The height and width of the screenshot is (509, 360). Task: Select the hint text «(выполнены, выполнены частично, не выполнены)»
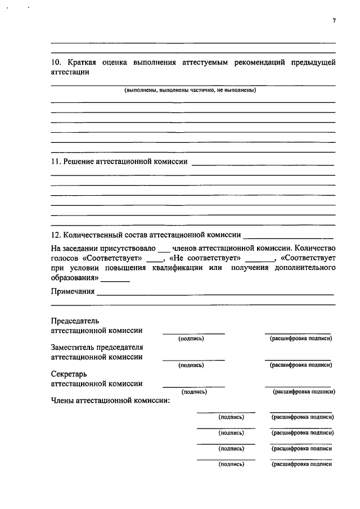pyautogui.click(x=190, y=90)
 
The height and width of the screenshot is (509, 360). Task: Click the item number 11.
pyautogui.click(x=55, y=162)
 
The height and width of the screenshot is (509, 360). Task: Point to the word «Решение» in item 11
pyautogui.click(x=79, y=162)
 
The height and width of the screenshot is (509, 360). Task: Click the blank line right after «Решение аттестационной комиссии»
pyautogui.click(x=263, y=164)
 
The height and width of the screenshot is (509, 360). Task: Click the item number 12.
pyautogui.click(x=55, y=235)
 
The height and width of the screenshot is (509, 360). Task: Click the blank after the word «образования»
pyautogui.click(x=115, y=280)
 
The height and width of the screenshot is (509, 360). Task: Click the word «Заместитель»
pyautogui.click(x=73, y=347)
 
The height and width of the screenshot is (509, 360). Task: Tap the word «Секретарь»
pyautogui.click(x=69, y=373)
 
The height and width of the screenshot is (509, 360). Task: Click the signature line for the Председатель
pyautogui.click(x=193, y=333)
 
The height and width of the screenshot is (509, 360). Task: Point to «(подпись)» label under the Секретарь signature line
pyautogui.click(x=195, y=392)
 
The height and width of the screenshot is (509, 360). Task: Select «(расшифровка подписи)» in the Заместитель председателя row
pyautogui.click(x=301, y=365)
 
